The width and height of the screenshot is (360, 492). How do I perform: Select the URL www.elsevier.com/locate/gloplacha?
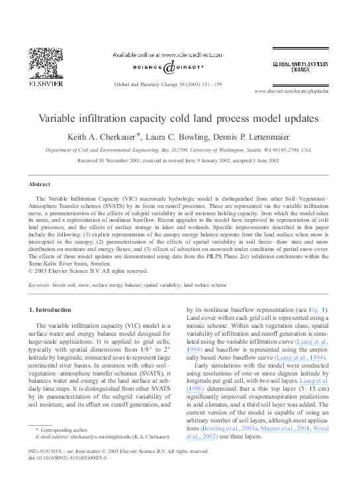point(291,91)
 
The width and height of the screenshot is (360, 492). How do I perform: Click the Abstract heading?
point(40,183)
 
